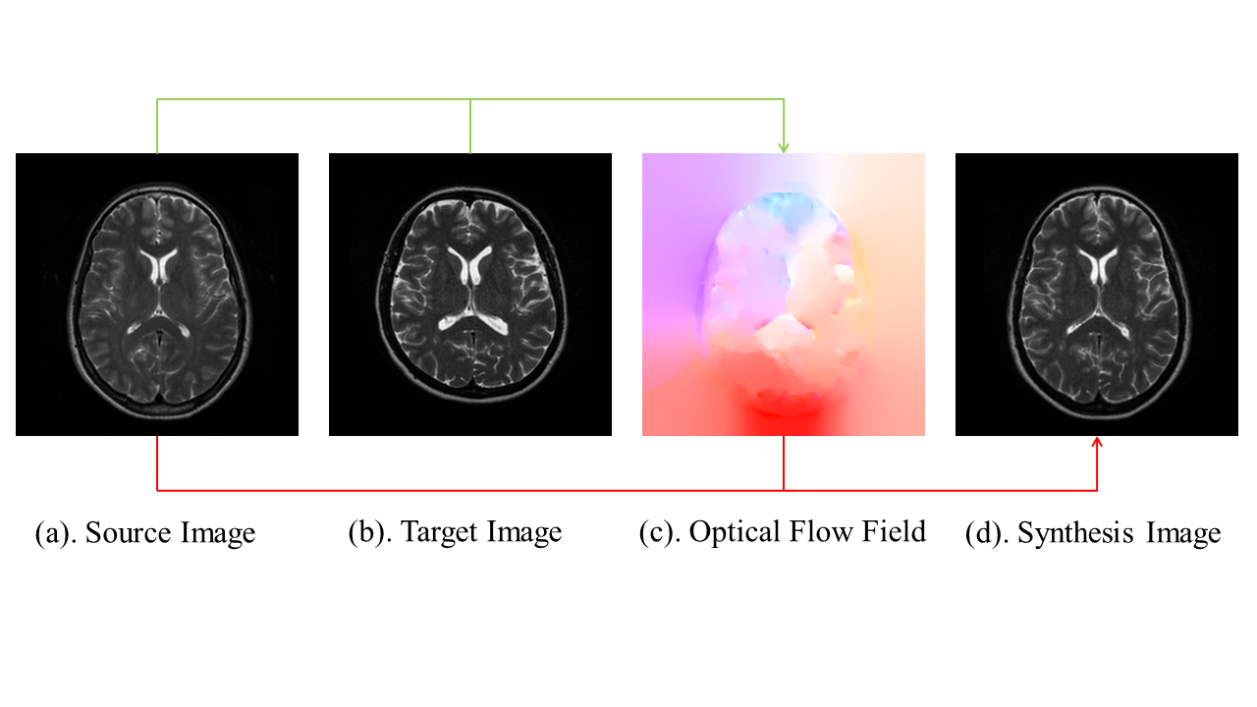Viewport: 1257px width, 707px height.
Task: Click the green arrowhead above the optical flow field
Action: tap(784, 146)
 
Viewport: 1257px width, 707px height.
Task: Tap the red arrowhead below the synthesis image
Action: tap(1097, 444)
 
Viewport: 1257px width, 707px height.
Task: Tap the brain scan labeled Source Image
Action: tap(157, 295)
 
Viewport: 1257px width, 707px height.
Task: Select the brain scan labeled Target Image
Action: tap(470, 295)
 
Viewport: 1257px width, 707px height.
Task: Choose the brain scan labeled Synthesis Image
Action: tap(1097, 295)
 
